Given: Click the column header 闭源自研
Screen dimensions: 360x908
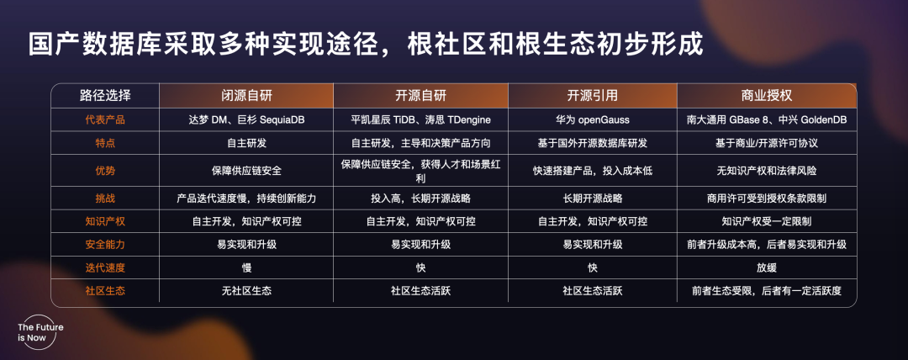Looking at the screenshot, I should [x=245, y=94].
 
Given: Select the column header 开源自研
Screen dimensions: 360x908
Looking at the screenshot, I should [x=420, y=94].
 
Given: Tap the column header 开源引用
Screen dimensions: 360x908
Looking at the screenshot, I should [x=592, y=94].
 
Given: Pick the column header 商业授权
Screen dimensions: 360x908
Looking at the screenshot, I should [x=765, y=94].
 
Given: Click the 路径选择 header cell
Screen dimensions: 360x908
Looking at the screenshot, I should [x=105, y=94].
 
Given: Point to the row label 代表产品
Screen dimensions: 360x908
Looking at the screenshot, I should [x=105, y=120].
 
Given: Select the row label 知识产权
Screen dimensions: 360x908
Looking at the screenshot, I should [x=105, y=222].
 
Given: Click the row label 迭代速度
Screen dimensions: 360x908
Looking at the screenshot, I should [x=105, y=267].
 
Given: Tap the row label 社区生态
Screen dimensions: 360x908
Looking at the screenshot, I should [x=105, y=291].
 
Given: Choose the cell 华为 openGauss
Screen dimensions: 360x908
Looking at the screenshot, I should [x=592, y=120].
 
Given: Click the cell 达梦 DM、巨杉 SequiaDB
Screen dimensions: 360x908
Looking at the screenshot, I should [x=245, y=120].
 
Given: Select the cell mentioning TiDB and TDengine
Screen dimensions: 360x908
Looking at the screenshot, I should [x=420, y=120].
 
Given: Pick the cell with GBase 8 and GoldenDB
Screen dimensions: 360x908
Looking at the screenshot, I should [x=765, y=120].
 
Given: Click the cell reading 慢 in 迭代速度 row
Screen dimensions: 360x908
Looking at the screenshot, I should [x=245, y=267].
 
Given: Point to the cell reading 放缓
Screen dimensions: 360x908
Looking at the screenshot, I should [x=765, y=267].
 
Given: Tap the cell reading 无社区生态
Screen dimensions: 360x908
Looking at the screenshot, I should [x=245, y=291].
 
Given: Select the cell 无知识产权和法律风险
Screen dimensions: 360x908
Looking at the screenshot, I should [x=765, y=172].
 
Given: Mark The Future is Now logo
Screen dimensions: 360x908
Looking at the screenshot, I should [x=40, y=332].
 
